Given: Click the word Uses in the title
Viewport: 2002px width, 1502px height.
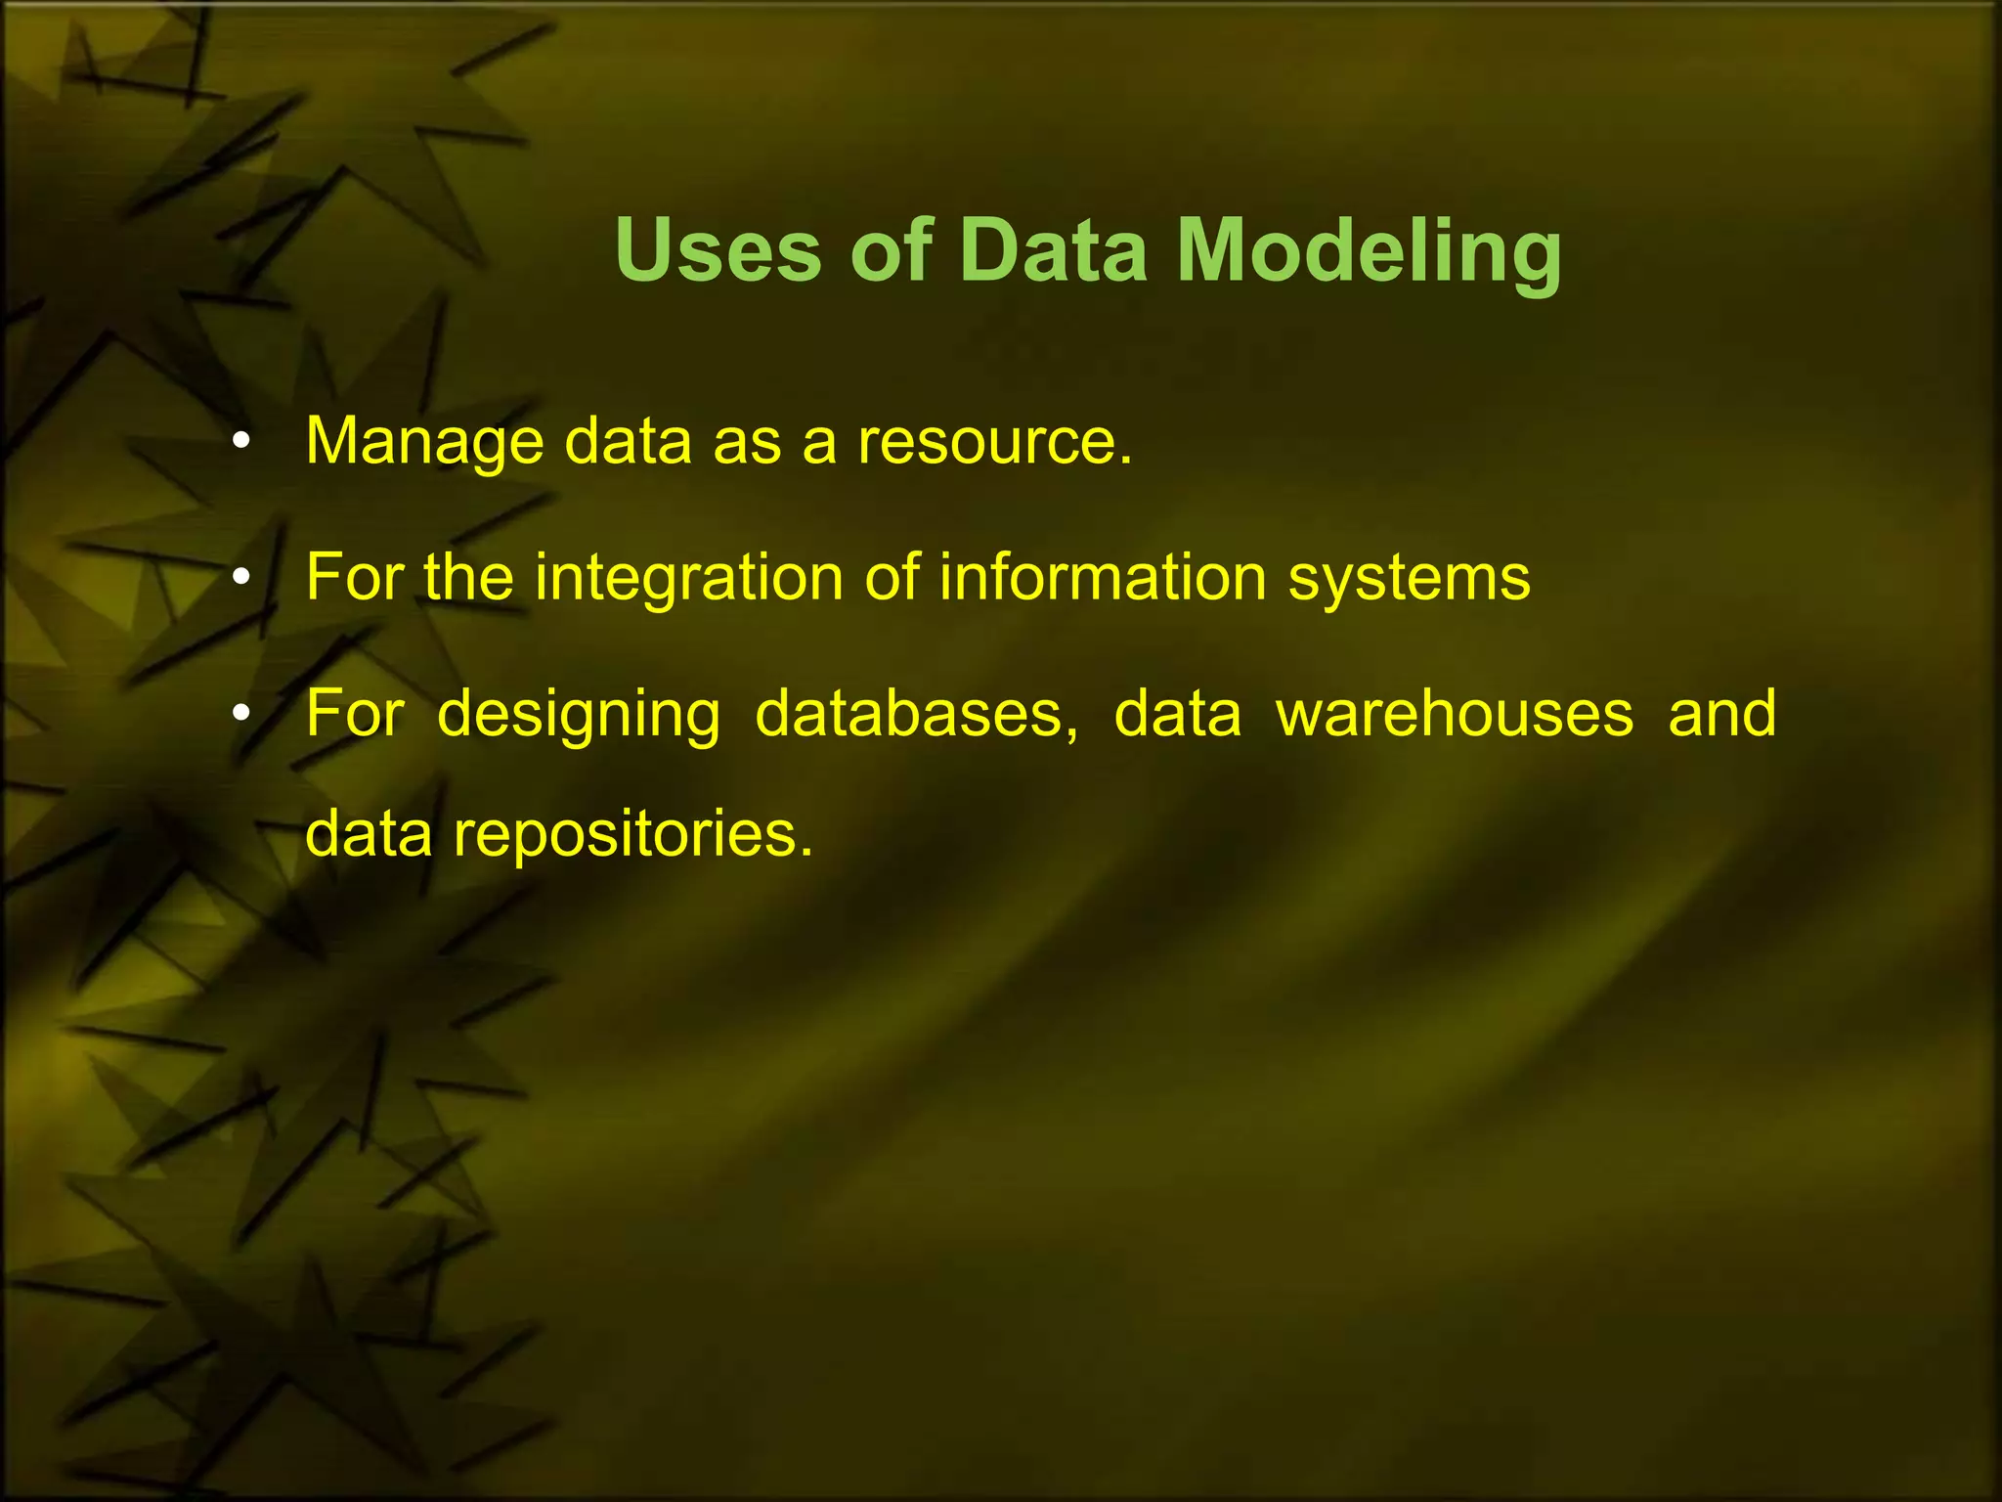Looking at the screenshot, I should pyautogui.click(x=718, y=250).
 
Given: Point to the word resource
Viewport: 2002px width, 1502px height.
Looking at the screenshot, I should pyautogui.click(x=994, y=442).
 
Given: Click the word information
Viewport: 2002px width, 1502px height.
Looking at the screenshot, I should pyautogui.click(x=1104, y=577).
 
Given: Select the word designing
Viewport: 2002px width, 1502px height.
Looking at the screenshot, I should pyautogui.click(x=579, y=715).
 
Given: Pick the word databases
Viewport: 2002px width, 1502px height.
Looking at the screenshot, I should pyautogui.click(x=916, y=714).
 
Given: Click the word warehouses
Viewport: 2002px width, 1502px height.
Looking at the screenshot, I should pyautogui.click(x=1455, y=714).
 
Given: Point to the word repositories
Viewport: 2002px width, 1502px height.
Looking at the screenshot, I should pyautogui.click(x=632, y=836).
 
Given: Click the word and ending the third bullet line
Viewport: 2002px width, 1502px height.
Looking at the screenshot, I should pyautogui.click(x=1722, y=714).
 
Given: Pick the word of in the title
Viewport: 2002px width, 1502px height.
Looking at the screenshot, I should pyautogui.click(x=891, y=250).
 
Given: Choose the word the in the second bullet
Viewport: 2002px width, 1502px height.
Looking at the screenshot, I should pyautogui.click(x=468, y=577).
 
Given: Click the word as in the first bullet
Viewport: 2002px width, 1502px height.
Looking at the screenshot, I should pyautogui.click(x=747, y=442).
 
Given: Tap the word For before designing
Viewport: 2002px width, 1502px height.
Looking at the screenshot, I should pyautogui.click(x=355, y=714).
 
